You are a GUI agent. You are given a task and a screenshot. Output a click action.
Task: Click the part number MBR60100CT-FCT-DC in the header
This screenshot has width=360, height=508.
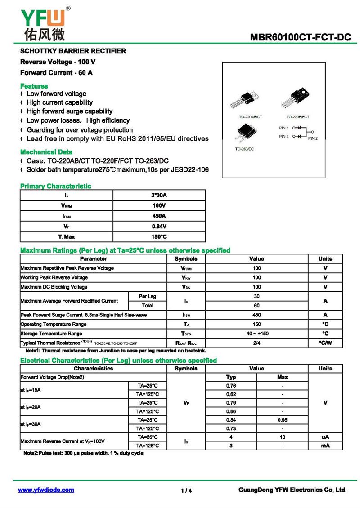click(x=300, y=38)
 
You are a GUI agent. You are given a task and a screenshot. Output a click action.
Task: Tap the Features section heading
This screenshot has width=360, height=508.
click(x=34, y=86)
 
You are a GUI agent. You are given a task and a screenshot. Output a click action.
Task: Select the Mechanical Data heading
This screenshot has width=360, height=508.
click(x=46, y=152)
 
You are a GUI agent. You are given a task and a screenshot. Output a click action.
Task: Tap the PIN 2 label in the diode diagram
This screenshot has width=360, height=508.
click(x=313, y=138)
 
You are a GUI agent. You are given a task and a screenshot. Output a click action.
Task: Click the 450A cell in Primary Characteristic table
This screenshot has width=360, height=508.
click(x=159, y=216)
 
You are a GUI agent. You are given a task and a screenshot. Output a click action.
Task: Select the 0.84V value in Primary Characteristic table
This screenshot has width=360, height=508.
click(x=159, y=226)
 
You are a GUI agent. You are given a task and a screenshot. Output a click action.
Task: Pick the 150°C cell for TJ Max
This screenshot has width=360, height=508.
click(x=159, y=236)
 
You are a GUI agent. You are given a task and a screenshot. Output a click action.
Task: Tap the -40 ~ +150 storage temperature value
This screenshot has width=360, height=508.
click(x=256, y=334)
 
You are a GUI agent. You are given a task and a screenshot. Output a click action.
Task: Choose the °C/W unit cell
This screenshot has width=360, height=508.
click(x=325, y=343)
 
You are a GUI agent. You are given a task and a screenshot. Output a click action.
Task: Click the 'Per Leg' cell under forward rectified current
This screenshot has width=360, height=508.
click(x=147, y=296)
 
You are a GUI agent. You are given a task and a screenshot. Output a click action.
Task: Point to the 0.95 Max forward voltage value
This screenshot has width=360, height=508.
click(x=282, y=420)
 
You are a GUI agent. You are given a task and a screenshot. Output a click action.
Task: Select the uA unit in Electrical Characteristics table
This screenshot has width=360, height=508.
click(x=325, y=437)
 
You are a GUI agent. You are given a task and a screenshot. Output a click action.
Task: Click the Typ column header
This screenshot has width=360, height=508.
click(x=231, y=377)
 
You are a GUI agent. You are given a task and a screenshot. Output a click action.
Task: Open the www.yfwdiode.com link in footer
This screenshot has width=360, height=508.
click(x=46, y=490)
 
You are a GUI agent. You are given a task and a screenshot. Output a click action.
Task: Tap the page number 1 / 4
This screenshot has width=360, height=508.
click(x=186, y=490)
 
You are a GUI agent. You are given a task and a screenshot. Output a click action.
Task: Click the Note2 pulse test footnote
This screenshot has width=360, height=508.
click(x=83, y=453)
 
